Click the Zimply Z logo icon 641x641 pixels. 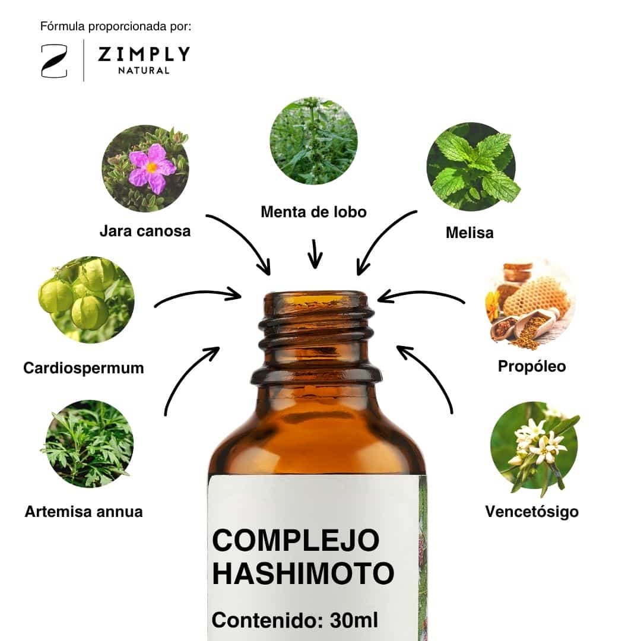pyautogui.click(x=55, y=61)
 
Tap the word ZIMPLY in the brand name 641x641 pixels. pyautogui.click(x=144, y=54)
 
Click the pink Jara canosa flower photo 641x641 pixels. pyautogui.click(x=145, y=169)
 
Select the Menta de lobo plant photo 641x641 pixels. pyautogui.click(x=313, y=141)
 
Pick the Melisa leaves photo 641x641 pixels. pyautogui.click(x=472, y=166)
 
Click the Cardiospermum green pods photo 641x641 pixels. pyautogui.click(x=86, y=300)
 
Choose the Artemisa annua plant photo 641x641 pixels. pyautogui.click(x=88, y=444)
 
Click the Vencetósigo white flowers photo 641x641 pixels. pyautogui.click(x=535, y=448)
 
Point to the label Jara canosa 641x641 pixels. pyautogui.click(x=145, y=231)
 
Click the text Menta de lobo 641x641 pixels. pyautogui.click(x=313, y=212)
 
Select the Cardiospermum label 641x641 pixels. pyautogui.click(x=84, y=368)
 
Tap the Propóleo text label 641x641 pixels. pyautogui.click(x=532, y=366)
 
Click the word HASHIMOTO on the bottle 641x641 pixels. pyautogui.click(x=303, y=573)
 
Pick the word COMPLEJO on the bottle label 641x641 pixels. pyautogui.click(x=296, y=540)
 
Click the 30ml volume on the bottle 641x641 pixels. pyautogui.click(x=354, y=620)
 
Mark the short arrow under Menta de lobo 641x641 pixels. pyautogui.click(x=315, y=254)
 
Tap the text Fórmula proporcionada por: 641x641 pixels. pyautogui.click(x=116, y=27)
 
